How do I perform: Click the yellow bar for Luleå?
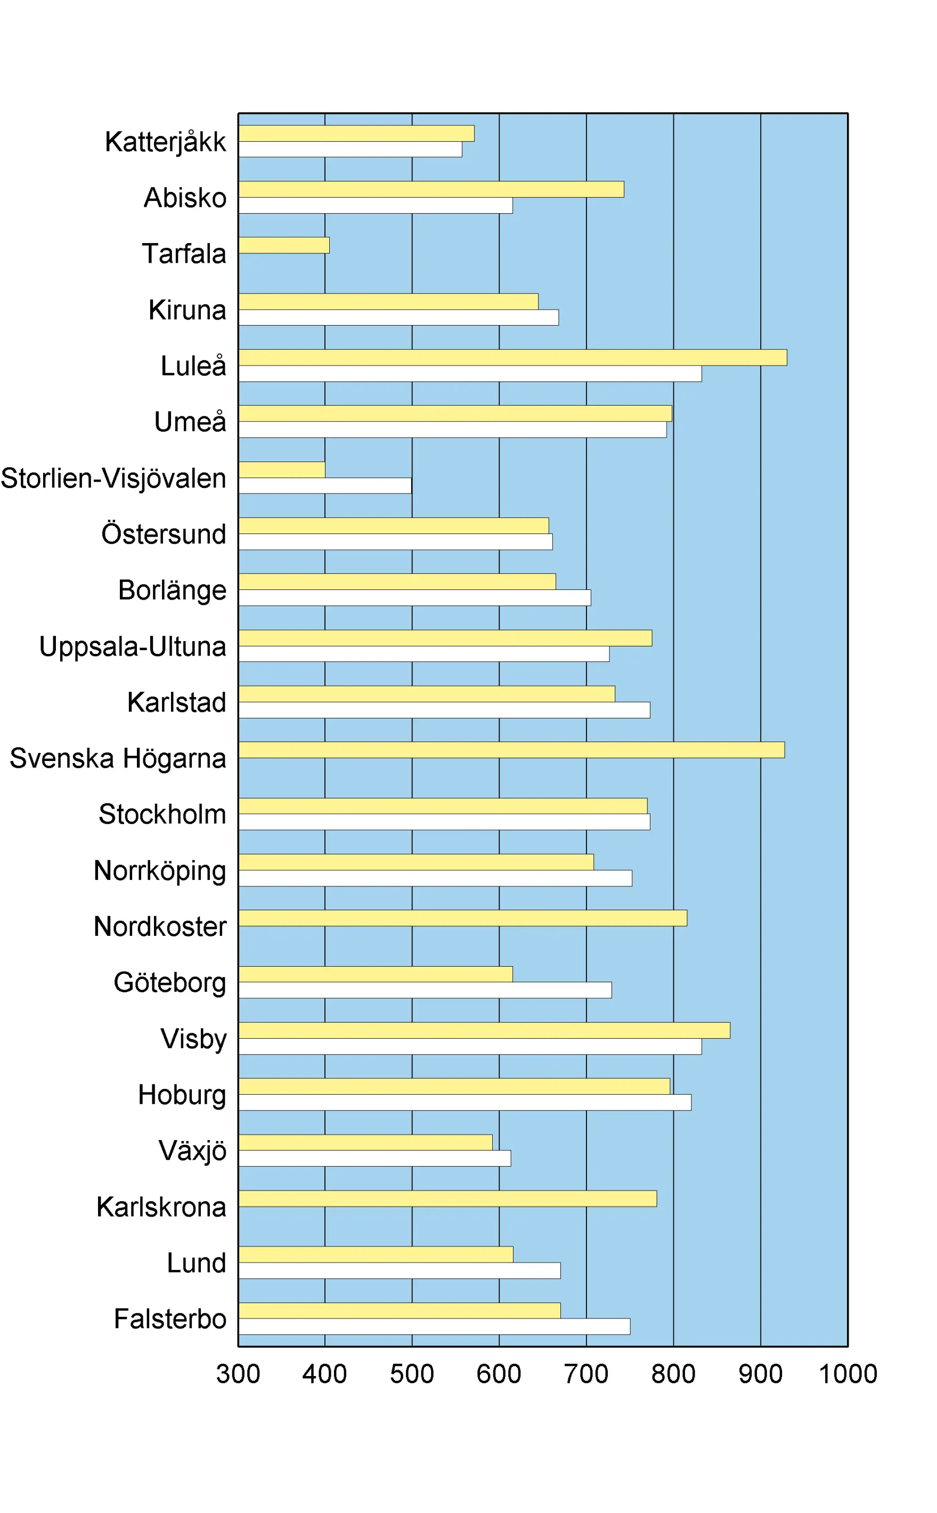point(512,358)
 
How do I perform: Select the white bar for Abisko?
point(376,205)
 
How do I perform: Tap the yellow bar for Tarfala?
point(284,246)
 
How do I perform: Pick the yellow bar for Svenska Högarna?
point(511,750)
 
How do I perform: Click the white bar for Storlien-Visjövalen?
point(325,486)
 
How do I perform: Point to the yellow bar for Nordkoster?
point(462,918)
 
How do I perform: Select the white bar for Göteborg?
point(425,990)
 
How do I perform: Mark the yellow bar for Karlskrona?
point(447,1199)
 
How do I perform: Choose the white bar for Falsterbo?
point(435,1326)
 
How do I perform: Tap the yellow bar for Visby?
point(484,1030)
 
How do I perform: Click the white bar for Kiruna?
point(398,317)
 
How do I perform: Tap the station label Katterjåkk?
point(166,142)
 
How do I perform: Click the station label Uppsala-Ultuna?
point(133,646)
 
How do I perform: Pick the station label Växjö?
point(193,1151)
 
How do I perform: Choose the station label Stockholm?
point(162,814)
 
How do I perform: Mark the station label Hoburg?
point(182,1095)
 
